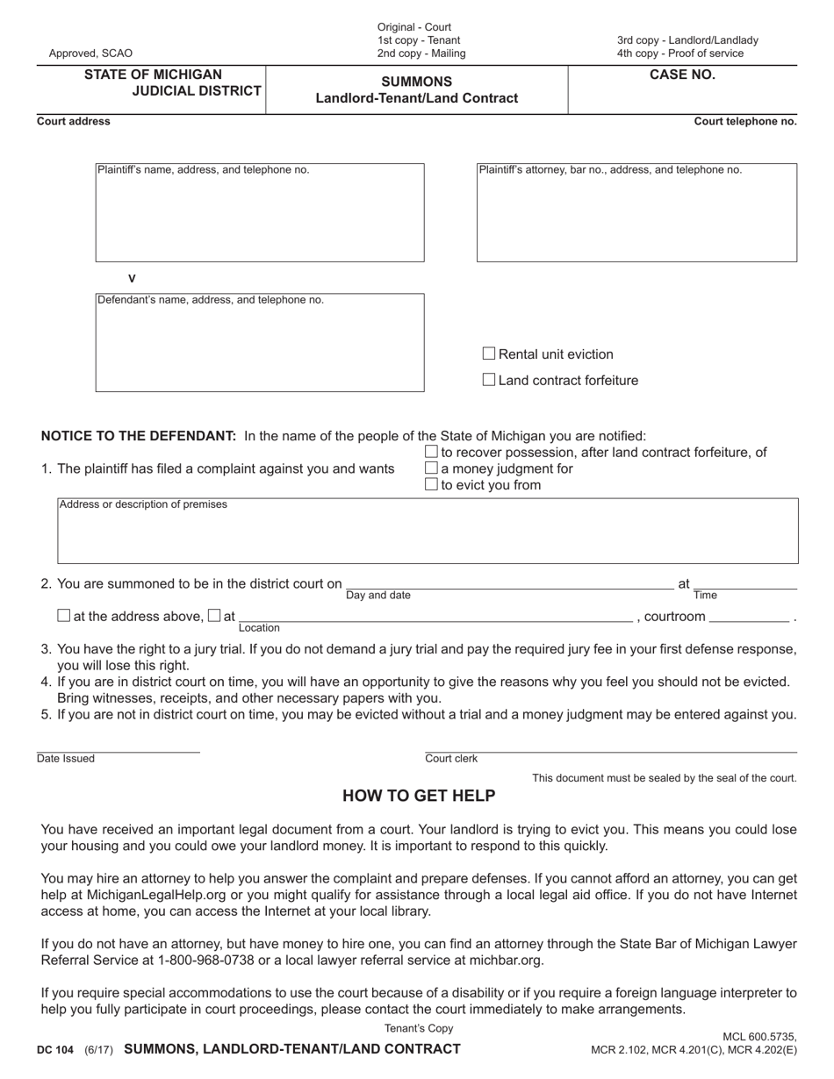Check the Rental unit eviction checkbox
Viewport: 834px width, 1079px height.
click(x=489, y=354)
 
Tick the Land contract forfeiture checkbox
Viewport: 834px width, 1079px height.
click(x=489, y=380)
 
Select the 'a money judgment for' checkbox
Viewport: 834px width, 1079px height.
click(x=431, y=468)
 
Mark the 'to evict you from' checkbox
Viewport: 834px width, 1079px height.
click(x=431, y=485)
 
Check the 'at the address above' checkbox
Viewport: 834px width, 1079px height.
click(x=63, y=616)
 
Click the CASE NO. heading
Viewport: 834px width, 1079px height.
click(x=682, y=75)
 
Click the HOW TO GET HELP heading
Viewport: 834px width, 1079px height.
click(x=419, y=797)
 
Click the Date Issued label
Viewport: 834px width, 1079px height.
click(x=66, y=759)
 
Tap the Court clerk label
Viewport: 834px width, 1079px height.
click(x=451, y=759)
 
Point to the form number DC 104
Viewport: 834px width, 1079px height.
click(x=55, y=1050)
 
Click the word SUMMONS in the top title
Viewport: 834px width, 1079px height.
click(x=417, y=82)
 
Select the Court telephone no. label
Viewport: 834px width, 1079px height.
click(x=745, y=122)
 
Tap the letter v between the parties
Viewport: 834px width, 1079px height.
click(x=132, y=279)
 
